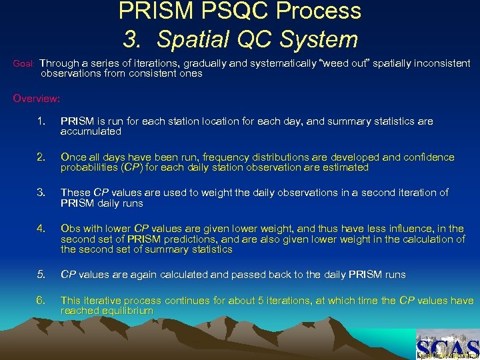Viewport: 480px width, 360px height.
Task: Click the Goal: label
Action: (x=24, y=64)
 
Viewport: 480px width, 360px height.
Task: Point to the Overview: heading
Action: (x=37, y=99)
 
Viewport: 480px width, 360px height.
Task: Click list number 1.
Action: (x=42, y=121)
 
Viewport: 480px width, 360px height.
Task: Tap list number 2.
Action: (x=42, y=157)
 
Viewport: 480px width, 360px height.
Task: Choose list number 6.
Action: (x=42, y=301)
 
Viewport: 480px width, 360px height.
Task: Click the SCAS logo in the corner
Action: (x=447, y=344)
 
